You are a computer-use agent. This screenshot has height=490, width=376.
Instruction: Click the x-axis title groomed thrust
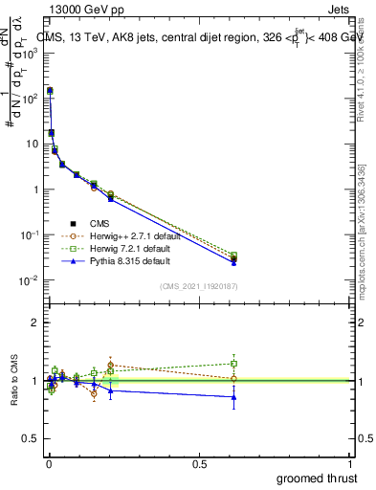coord(319,477)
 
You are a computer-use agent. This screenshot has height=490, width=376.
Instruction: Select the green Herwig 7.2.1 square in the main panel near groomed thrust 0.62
coord(233,256)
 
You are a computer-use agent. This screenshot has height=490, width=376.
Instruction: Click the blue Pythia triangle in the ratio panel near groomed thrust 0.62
coord(233,396)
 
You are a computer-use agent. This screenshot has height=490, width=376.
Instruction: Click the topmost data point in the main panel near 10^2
coord(50,90)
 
